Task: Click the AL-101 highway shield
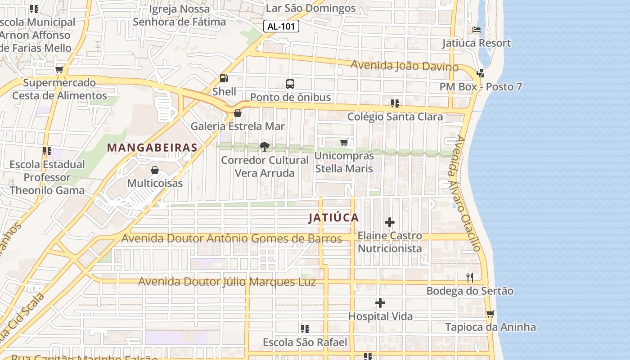[281, 27]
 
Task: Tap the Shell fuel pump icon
[224, 78]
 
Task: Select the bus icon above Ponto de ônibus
[290, 84]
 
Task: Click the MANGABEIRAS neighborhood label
[152, 148]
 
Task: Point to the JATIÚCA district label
[333, 218]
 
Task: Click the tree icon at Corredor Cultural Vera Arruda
[265, 147]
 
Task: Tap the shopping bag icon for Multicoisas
[155, 170]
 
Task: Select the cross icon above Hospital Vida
[380, 303]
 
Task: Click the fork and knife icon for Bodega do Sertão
[470, 277]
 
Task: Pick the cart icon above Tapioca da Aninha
[490, 314]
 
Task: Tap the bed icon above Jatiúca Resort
[477, 30]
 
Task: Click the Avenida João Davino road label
[404, 66]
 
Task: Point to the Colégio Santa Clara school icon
[395, 103]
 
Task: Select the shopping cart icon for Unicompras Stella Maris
[344, 143]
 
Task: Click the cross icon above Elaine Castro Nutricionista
[390, 222]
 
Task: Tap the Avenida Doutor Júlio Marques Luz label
[227, 282]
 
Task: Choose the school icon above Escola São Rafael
[305, 329]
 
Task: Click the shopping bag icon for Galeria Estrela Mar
[238, 113]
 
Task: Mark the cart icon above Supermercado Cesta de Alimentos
[59, 70]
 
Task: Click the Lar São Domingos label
[310, 8]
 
